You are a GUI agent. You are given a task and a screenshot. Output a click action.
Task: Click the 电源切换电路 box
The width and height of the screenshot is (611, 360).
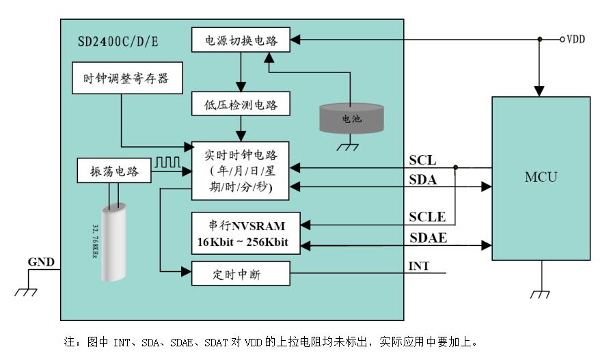[240, 39]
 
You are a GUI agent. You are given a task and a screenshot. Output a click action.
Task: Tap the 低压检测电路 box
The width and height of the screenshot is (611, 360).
[240, 105]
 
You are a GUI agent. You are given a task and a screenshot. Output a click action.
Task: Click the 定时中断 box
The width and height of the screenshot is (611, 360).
[240, 273]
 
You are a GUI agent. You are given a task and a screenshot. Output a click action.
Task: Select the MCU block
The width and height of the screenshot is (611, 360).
[541, 178]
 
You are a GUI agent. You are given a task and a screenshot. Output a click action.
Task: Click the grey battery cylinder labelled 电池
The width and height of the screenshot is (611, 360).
[351, 117]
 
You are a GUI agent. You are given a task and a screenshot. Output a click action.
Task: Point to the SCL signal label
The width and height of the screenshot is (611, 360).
[422, 161]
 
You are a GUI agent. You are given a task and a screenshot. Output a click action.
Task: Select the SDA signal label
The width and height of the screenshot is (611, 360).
[423, 180]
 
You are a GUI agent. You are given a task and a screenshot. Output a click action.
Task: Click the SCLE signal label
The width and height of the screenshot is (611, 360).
[427, 217]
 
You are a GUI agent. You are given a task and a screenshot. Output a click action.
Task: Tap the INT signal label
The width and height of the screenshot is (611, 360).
[418, 266]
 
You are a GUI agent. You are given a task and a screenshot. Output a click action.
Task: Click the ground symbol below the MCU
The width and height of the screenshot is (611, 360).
[540, 293]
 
